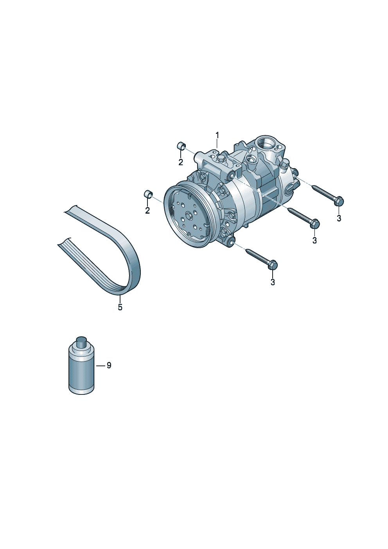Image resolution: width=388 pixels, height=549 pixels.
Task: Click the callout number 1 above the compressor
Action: point(217,135)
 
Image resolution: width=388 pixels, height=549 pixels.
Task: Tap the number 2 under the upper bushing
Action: point(181,162)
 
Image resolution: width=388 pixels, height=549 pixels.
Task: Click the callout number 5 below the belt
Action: point(120,307)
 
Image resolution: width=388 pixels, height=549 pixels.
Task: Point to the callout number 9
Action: point(109,365)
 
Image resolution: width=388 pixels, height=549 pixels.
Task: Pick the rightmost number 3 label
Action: point(339,218)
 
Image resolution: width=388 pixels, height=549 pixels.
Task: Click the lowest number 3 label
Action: point(273,282)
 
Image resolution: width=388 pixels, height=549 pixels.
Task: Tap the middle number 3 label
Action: point(315,240)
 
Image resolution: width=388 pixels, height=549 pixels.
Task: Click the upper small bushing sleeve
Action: point(181,146)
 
